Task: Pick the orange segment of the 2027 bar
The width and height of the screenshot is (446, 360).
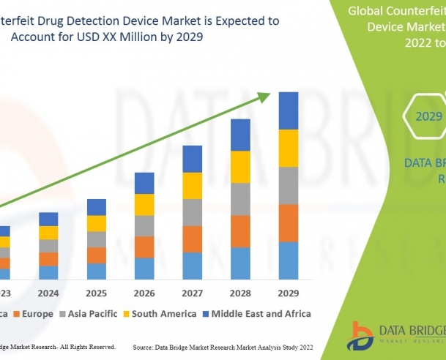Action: click(192, 239)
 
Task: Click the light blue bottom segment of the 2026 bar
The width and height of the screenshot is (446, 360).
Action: click(144, 269)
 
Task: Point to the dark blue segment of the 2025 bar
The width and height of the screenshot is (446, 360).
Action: click(97, 206)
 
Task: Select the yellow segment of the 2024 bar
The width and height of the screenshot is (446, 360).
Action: click(48, 233)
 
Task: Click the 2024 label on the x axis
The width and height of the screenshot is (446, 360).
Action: click(48, 293)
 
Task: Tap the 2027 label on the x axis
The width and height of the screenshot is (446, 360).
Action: click(192, 293)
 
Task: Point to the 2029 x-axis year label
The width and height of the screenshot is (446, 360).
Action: click(288, 293)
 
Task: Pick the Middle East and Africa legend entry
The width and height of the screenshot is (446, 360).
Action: click(256, 314)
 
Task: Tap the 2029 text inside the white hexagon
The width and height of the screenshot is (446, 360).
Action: click(429, 116)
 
